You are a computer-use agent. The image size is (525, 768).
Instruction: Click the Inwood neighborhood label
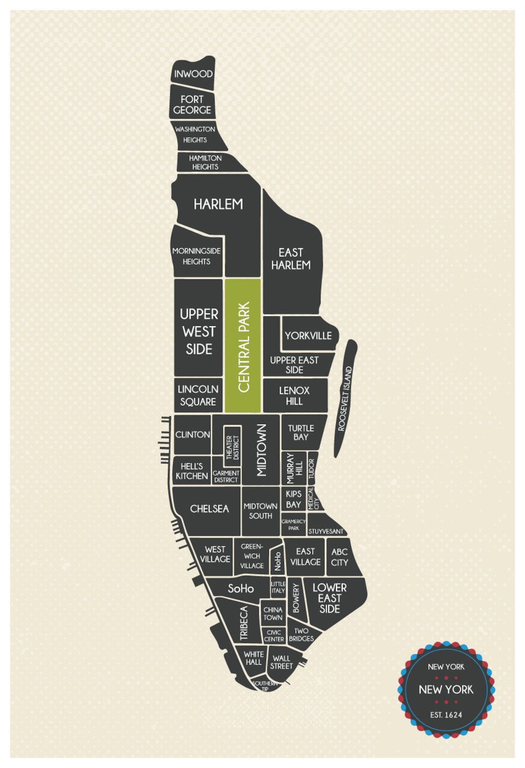pyautogui.click(x=193, y=74)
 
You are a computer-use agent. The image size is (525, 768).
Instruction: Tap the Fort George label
pyautogui.click(x=192, y=105)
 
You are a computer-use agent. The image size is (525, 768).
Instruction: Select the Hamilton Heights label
pyautogui.click(x=205, y=162)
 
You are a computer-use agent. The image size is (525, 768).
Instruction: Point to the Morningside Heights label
pyautogui.click(x=196, y=256)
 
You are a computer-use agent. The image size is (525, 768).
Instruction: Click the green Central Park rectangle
pyautogui.click(x=243, y=346)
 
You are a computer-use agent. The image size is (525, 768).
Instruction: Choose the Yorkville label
pyautogui.click(x=308, y=336)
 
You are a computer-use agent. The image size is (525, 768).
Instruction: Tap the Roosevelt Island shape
pyautogui.click(x=345, y=398)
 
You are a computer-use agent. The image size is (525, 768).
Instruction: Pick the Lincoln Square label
pyautogui.click(x=198, y=395)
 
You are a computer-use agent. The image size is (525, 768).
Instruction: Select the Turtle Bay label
pyautogui.click(x=301, y=432)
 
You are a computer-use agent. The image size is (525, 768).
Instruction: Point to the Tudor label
pyautogui.click(x=311, y=468)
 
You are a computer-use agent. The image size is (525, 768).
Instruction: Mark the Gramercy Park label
pyautogui.click(x=294, y=525)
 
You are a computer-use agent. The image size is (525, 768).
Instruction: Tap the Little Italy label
pyautogui.click(x=278, y=587)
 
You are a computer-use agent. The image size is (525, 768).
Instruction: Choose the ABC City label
pyautogui.click(x=339, y=557)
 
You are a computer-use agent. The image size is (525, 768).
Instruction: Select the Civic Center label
pyautogui.click(x=274, y=636)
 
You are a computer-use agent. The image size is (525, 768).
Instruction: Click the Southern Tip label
pyautogui.click(x=265, y=685)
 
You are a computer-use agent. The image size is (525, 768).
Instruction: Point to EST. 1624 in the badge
pyautogui.click(x=446, y=715)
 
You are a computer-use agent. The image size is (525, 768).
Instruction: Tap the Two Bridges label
pyautogui.click(x=301, y=635)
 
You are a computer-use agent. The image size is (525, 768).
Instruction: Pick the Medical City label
pyautogui.click(x=313, y=499)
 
